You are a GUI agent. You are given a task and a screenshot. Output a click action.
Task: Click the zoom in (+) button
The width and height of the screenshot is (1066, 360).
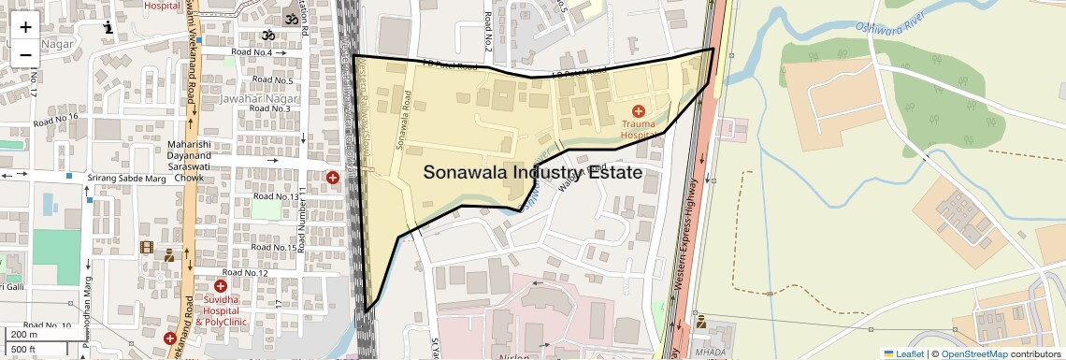click(25, 27)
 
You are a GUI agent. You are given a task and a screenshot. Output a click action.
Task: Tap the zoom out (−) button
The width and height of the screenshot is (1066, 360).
click(25, 54)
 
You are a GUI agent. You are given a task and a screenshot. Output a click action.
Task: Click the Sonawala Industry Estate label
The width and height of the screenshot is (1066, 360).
click(532, 173)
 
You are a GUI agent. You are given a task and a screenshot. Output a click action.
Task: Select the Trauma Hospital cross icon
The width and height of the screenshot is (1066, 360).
click(639, 111)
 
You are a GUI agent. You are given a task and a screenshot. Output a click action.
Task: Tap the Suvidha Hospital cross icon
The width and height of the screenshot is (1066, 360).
click(221, 286)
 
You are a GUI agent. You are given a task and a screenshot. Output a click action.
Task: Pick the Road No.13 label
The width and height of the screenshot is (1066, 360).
click(276, 196)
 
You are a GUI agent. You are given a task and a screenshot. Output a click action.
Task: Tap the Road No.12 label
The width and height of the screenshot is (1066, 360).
click(246, 273)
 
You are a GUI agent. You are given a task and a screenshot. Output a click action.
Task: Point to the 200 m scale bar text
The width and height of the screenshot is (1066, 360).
click(24, 335)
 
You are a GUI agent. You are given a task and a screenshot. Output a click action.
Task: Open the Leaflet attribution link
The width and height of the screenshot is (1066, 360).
click(904, 354)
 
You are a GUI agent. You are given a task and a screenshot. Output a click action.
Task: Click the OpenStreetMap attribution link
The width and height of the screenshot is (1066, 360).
click(973, 354)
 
